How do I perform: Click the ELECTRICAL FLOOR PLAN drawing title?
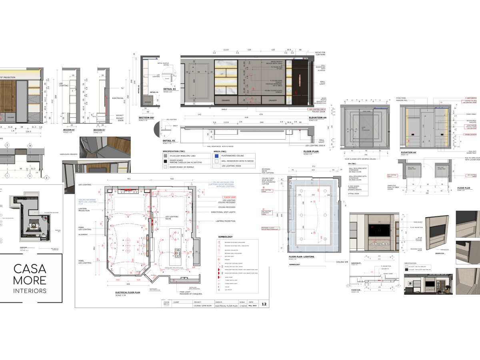(x=122, y=292)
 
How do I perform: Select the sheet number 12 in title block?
(x=264, y=304)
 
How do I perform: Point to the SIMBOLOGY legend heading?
(x=225, y=236)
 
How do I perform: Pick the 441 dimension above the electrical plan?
(x=129, y=179)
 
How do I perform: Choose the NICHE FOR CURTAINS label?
(x=320, y=53)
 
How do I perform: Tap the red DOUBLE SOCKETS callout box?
(x=470, y=134)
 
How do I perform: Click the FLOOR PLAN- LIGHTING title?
(x=302, y=256)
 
